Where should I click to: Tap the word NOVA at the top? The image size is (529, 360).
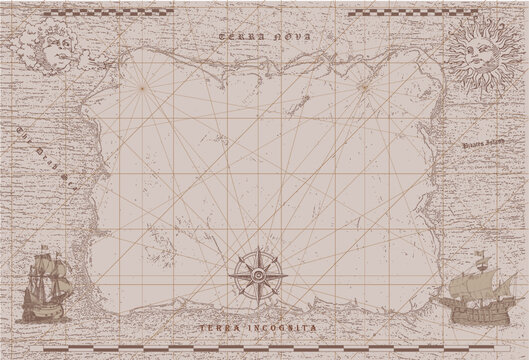pos(292,37)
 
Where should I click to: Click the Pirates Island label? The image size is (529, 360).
pos(483,146)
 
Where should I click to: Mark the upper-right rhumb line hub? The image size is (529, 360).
pos(364,87)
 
